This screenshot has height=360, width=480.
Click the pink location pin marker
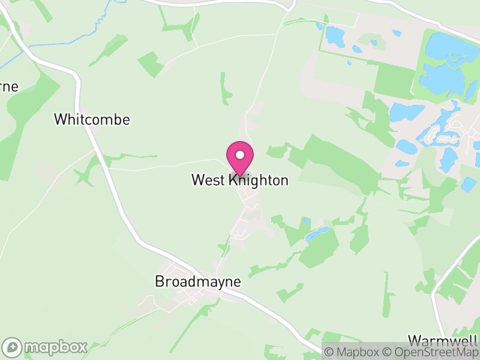click(240, 158)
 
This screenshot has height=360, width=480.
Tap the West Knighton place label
click(240, 180)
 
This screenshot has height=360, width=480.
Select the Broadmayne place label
click(197, 281)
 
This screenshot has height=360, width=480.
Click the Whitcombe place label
click(92, 119)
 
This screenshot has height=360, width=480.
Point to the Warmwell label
click(444, 339)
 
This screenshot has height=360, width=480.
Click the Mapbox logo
click(45, 347)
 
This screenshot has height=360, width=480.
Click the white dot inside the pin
click(240, 155)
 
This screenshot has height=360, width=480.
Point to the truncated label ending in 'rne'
click(9, 86)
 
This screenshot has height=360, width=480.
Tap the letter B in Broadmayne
click(160, 281)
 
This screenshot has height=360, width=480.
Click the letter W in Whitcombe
click(60, 119)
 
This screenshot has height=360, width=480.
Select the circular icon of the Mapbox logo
click(13, 347)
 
